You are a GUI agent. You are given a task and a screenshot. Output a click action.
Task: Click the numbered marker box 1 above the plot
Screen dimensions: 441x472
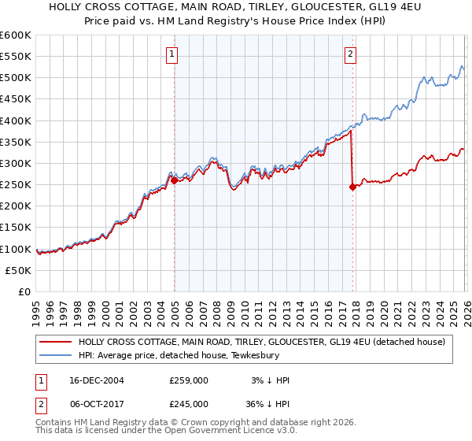click(171, 54)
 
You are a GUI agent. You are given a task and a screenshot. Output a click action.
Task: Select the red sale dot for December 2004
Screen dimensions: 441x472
click(174, 180)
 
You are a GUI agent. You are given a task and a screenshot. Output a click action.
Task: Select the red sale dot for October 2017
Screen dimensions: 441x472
click(352, 187)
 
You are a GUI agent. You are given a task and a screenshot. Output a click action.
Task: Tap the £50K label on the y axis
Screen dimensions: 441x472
click(19, 270)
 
